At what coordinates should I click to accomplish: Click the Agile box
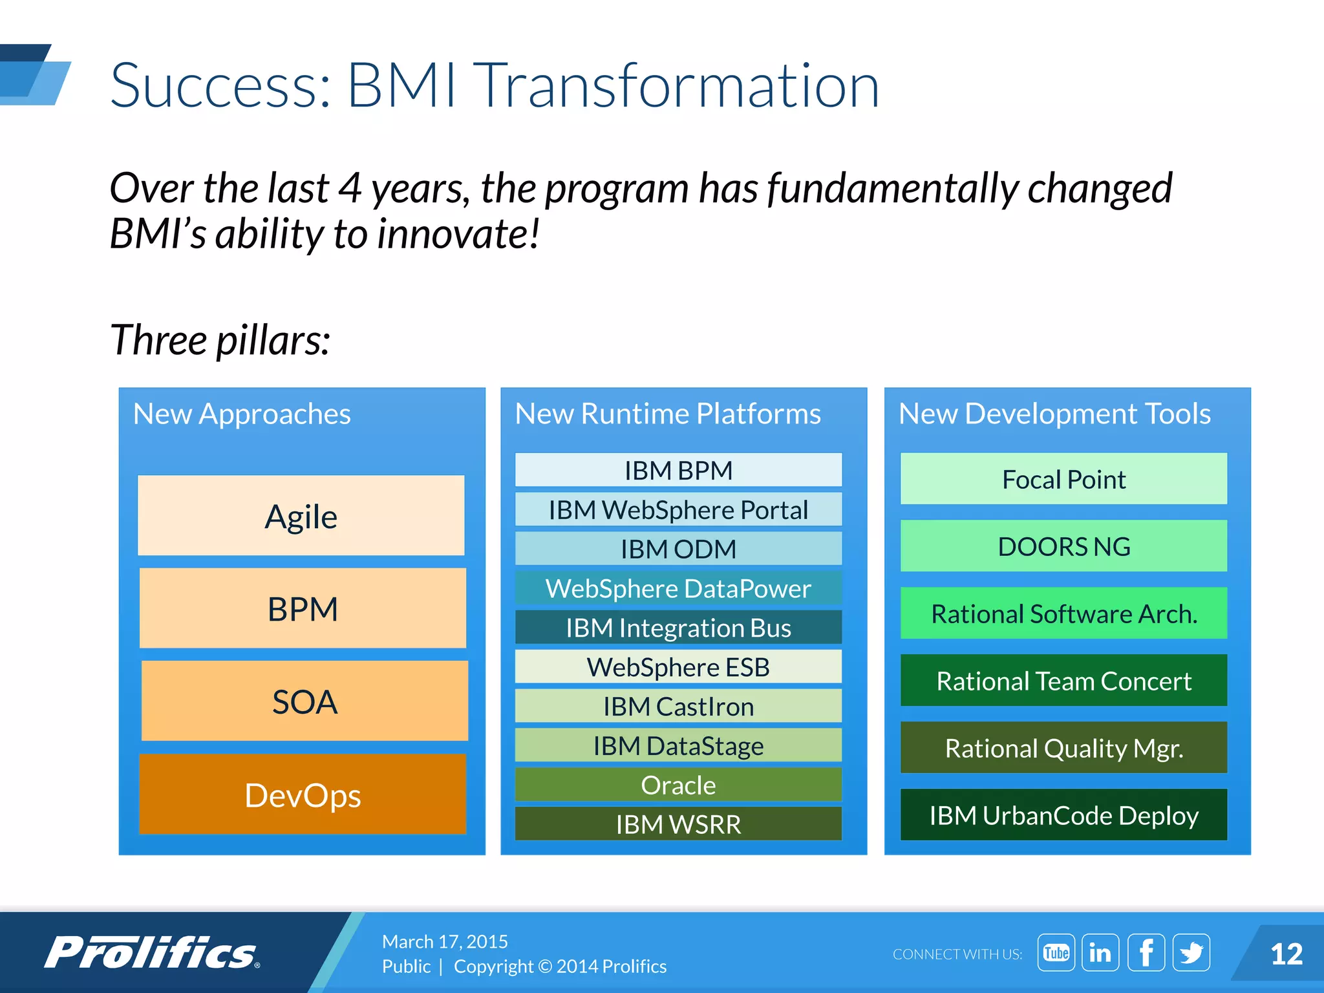[x=301, y=516]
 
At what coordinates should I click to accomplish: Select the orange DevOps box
[x=303, y=795]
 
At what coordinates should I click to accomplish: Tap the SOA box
[x=304, y=701]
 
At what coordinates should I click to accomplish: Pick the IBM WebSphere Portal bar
[x=678, y=510]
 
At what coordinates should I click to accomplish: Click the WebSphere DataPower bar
[x=678, y=588]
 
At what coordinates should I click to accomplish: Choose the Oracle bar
[x=678, y=785]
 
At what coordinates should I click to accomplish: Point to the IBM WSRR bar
[x=678, y=824]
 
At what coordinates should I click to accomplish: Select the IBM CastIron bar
[x=678, y=707]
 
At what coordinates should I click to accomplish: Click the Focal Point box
[x=1063, y=479]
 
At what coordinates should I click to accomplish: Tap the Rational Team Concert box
[x=1063, y=681]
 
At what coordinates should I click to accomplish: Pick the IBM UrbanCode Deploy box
[x=1063, y=815]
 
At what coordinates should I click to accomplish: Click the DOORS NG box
[x=1063, y=546]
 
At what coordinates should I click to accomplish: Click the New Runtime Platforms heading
[x=668, y=414]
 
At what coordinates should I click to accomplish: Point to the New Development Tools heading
[x=1054, y=414]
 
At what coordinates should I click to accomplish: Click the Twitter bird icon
[x=1191, y=952]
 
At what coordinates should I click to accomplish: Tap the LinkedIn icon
[x=1100, y=952]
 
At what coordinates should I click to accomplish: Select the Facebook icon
[x=1146, y=952]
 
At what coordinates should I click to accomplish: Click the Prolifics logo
[x=152, y=952]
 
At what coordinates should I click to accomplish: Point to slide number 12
[x=1286, y=954]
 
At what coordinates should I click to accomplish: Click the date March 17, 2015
[x=445, y=941]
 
